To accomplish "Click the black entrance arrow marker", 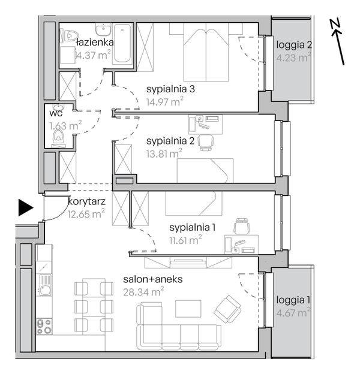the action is coord(26,207).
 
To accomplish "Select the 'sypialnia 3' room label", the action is coord(170,89).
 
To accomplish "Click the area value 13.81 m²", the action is coord(164,153).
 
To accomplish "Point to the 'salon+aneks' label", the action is coord(153,279).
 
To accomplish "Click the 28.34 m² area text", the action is coord(143,292).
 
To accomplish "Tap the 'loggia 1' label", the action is coord(293,300).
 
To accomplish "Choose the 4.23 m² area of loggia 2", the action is coord(294,58).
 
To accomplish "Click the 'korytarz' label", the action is coord(87,201).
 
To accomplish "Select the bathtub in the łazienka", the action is coord(122,43).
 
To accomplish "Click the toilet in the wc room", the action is coord(58,137).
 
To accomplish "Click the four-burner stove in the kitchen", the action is coord(44,327).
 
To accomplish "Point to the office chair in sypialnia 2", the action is coord(206,143).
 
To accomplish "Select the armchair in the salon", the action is coord(227,309).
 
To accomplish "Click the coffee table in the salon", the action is coord(188,309).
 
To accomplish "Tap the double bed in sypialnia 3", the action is coord(206,52).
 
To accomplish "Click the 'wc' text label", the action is coord(56,113).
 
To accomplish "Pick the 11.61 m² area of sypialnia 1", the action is coord(185,240).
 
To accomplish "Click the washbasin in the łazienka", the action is coord(103,29).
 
